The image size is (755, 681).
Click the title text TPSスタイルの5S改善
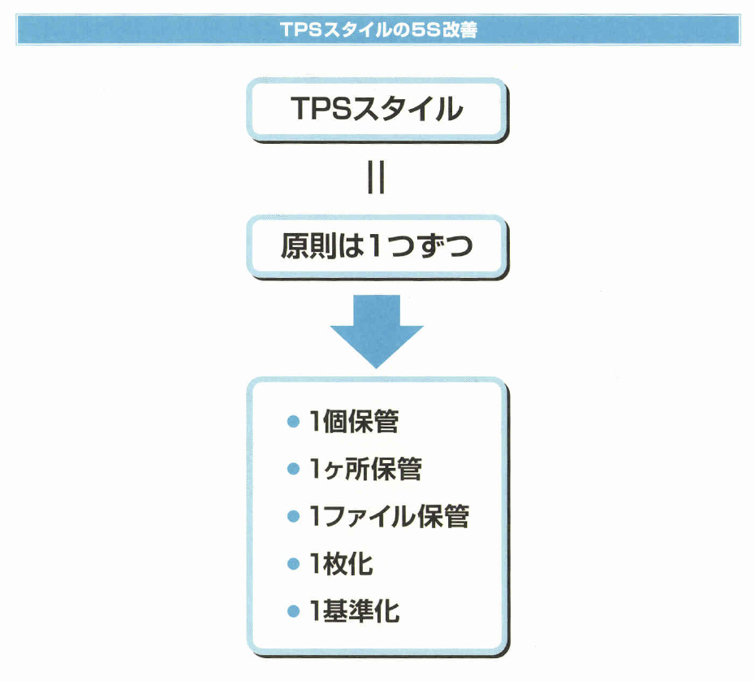(x=377, y=31)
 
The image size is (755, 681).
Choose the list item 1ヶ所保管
(x=365, y=469)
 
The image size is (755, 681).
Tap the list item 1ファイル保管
(x=389, y=516)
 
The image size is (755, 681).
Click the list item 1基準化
(x=354, y=610)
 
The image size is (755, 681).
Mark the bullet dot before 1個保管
(x=294, y=423)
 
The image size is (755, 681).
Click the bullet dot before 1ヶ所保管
(x=294, y=470)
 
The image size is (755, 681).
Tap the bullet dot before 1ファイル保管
(x=294, y=517)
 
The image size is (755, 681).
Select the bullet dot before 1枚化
(x=294, y=564)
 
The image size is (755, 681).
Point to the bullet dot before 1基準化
(x=294, y=611)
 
